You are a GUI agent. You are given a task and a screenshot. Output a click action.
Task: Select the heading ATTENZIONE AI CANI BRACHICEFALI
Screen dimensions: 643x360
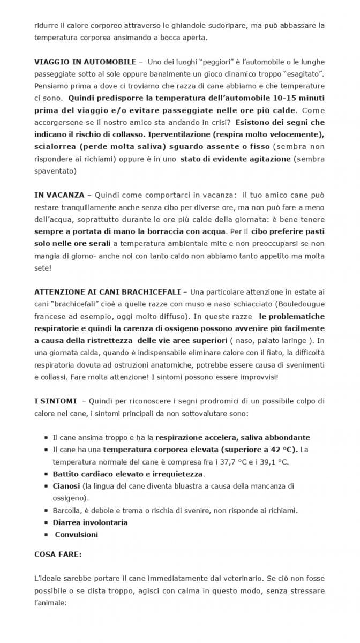pos(106,292)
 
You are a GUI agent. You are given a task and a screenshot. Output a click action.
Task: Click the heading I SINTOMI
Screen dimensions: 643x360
pos(55,401)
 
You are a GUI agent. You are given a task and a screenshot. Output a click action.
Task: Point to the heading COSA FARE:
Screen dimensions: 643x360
pos(58,555)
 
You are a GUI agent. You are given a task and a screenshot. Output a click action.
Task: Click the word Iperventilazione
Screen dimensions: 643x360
pos(177,134)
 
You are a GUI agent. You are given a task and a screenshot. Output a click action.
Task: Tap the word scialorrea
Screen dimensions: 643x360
pos(56,146)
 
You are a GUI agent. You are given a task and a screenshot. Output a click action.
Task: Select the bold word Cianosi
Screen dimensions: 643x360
pos(66,486)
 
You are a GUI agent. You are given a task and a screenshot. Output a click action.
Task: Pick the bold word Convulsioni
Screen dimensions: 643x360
pos(76,534)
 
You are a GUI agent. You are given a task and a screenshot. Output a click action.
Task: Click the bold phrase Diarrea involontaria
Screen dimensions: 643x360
pos(90,522)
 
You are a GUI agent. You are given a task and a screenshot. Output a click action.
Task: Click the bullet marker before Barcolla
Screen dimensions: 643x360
pos(47,511)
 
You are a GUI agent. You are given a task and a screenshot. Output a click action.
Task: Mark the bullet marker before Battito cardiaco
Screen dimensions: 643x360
pos(47,474)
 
